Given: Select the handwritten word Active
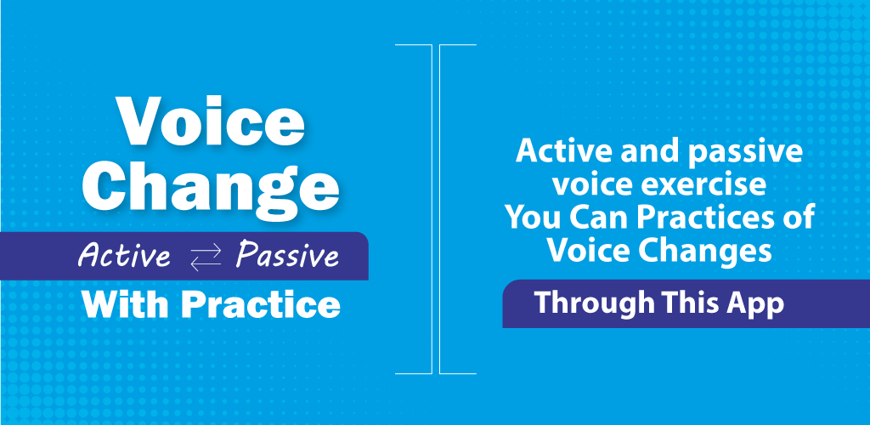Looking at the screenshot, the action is coord(124,256).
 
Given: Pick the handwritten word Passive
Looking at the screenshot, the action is coord(287,257).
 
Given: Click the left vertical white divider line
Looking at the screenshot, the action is coord(431,208).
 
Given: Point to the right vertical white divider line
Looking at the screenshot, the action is coord(440,208).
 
